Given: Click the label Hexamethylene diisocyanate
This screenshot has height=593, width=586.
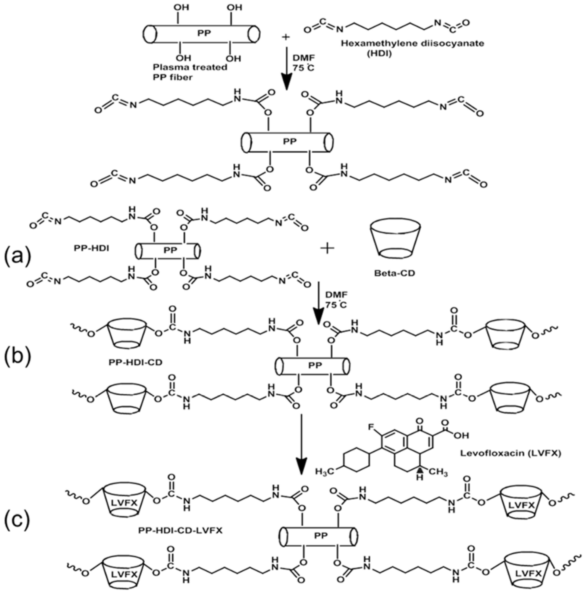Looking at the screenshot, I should pyautogui.click(x=413, y=43).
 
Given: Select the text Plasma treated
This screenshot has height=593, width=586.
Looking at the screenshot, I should pyautogui.click(x=190, y=67).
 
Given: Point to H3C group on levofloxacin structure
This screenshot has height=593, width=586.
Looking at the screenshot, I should pyautogui.click(x=325, y=471).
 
